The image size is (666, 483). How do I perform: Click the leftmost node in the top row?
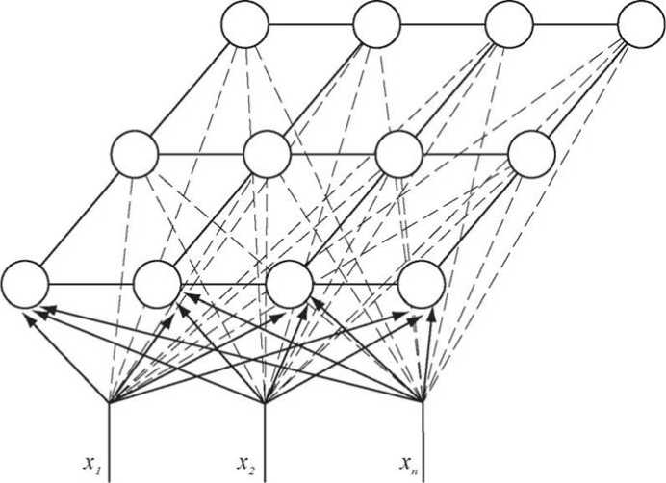point(244,25)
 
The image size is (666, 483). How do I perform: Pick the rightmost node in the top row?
point(641,25)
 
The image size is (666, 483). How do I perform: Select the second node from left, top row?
point(376,25)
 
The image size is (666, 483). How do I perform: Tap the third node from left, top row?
point(509,25)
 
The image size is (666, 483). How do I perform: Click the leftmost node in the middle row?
point(135,153)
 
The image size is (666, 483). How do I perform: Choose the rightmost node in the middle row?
point(531,153)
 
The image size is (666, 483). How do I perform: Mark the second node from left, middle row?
point(267,153)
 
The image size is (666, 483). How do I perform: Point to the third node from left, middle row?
point(398,153)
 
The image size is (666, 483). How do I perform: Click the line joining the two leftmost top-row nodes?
point(310,25)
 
